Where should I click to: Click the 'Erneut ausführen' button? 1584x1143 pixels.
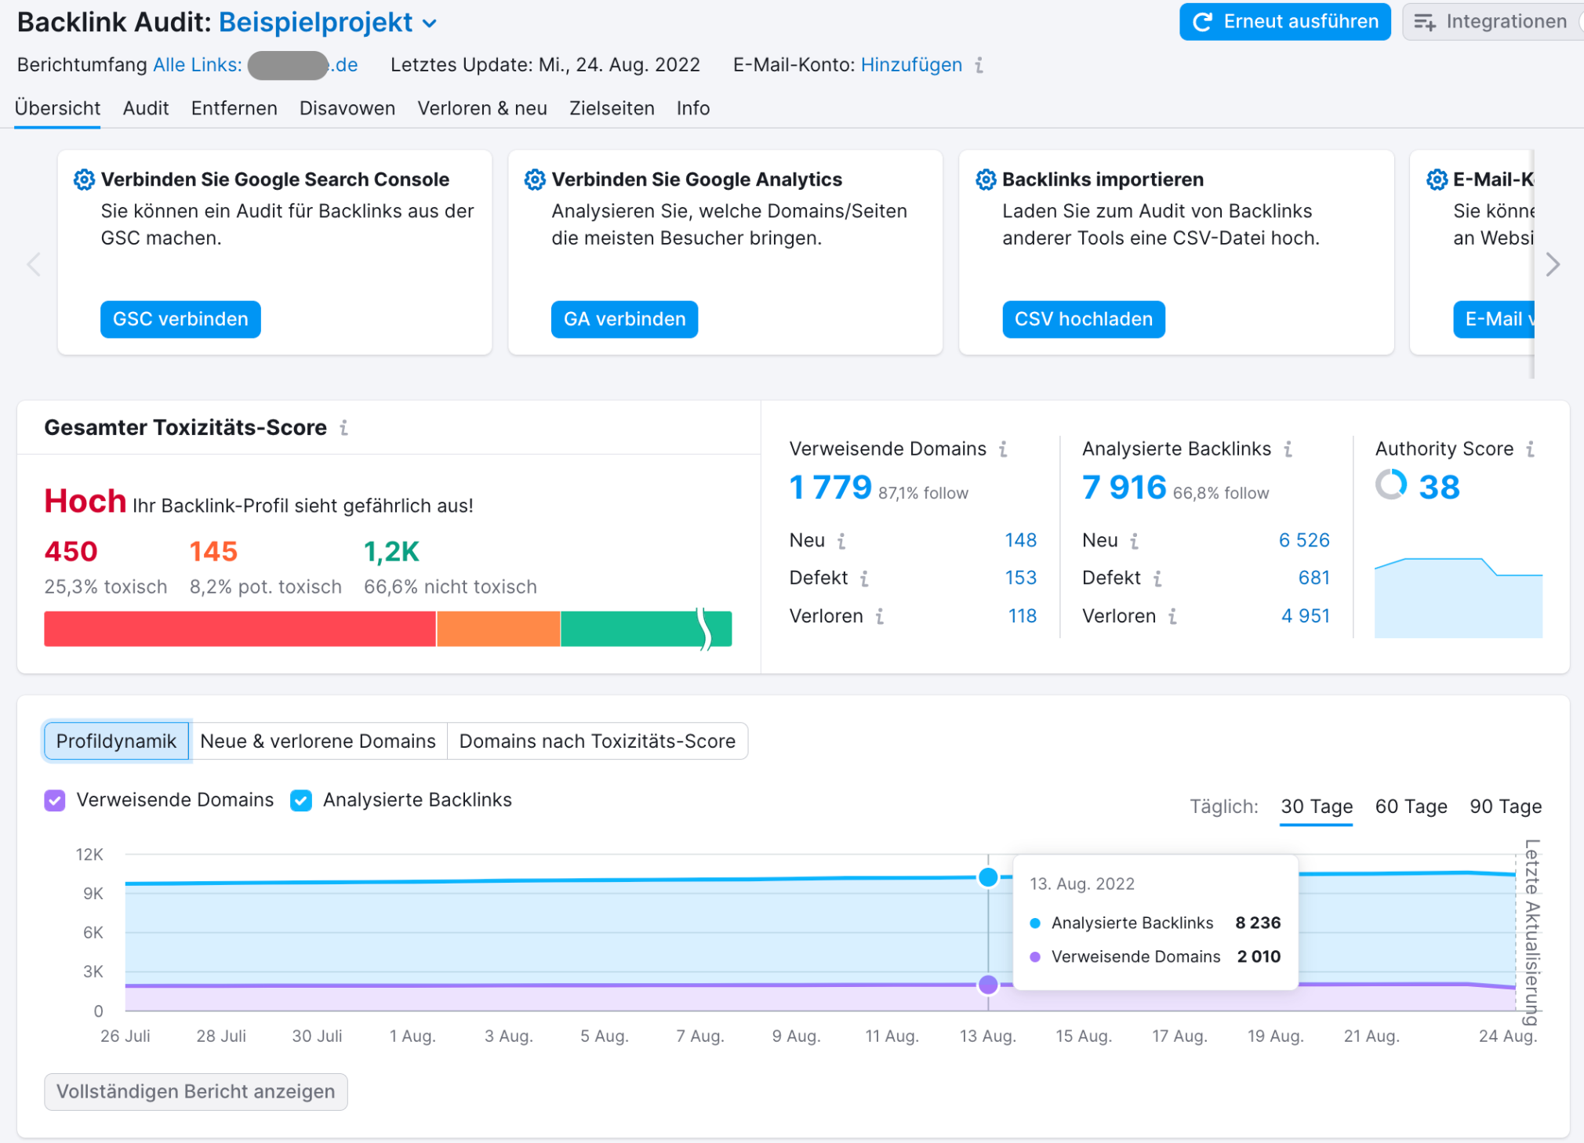tap(1284, 22)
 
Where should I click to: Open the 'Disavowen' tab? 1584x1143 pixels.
tap(347, 108)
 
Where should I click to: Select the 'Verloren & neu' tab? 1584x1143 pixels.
tap(481, 108)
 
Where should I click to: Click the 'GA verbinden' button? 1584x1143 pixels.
tap(624, 319)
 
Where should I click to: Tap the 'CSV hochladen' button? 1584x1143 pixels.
tap(1083, 319)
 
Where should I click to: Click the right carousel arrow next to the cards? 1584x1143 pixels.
tap(1553, 265)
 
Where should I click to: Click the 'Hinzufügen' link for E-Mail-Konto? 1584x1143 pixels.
tap(911, 65)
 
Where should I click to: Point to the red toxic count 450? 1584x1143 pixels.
tap(71, 551)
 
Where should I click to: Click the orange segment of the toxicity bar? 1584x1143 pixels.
tap(498, 629)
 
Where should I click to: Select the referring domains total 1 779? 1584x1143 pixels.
tap(830, 488)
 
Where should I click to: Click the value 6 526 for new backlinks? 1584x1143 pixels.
tap(1303, 540)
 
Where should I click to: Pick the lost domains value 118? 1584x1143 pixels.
tap(1022, 616)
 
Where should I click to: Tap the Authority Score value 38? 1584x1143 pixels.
tap(1439, 487)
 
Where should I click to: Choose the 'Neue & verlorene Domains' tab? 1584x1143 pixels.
tap(318, 741)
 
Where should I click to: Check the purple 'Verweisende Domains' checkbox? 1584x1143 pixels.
tap(55, 800)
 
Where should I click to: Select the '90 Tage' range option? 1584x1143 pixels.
tap(1505, 807)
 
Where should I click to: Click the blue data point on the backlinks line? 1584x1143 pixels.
tap(988, 877)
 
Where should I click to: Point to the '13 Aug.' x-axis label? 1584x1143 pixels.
tap(987, 1036)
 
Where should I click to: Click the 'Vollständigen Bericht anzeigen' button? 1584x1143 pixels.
tap(196, 1091)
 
